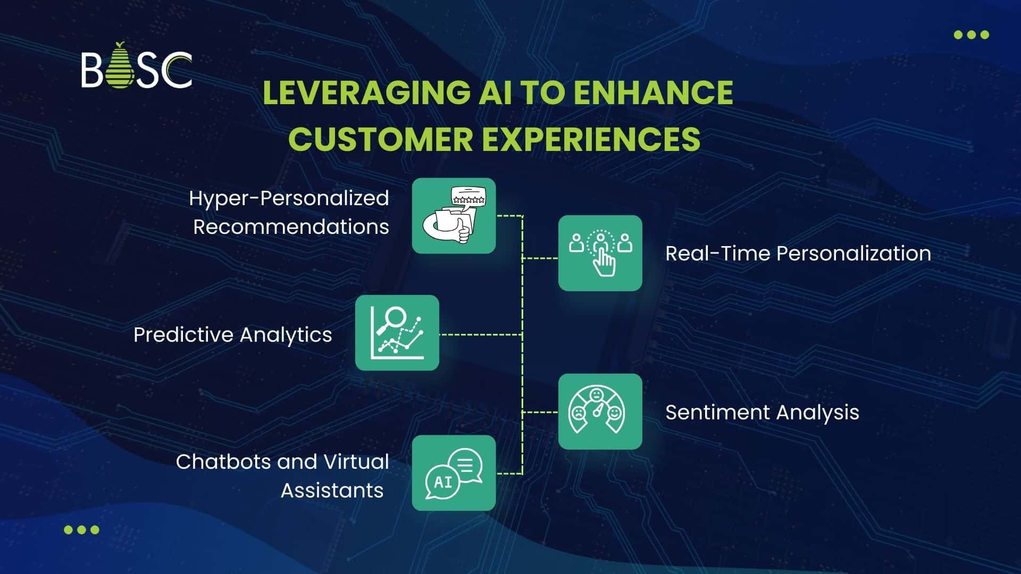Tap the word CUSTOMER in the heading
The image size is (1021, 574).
[380, 139]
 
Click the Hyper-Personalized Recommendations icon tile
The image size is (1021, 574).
[454, 216]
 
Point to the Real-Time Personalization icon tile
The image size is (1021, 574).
[600, 253]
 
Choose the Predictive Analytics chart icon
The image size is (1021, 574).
[397, 333]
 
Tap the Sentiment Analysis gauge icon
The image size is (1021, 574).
[600, 411]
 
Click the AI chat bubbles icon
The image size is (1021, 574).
[454, 473]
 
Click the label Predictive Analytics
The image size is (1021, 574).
[232, 335]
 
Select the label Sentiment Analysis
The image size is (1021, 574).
[761, 412]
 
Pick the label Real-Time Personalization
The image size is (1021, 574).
[798, 254]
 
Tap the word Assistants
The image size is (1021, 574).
[332, 490]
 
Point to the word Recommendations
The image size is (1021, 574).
[291, 227]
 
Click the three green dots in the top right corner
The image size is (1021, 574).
[971, 35]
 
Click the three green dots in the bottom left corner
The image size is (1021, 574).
[81, 529]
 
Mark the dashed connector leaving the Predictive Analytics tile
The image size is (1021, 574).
[479, 335]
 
